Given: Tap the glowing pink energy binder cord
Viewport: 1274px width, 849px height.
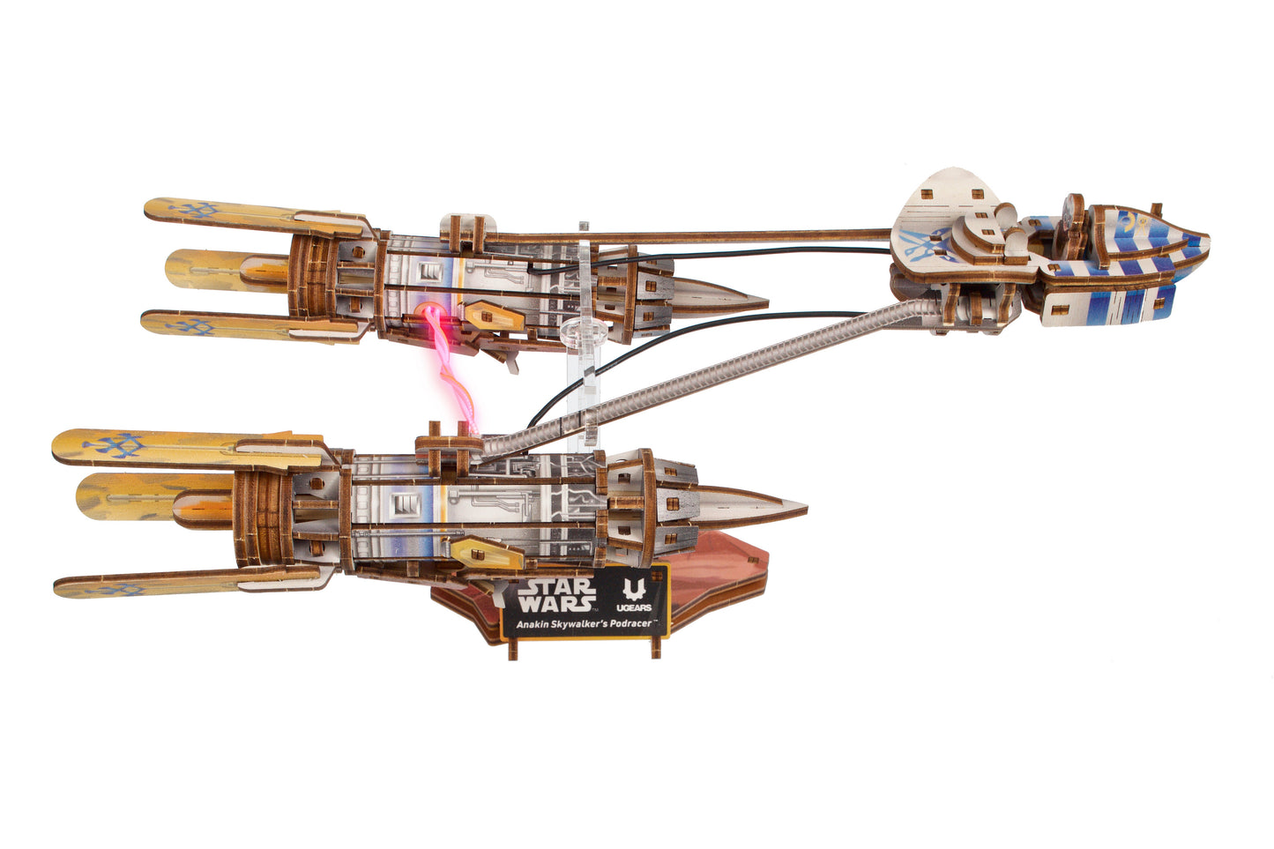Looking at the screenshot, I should [451, 370].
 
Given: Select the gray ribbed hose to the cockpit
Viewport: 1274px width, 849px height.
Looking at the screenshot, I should [705, 370].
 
